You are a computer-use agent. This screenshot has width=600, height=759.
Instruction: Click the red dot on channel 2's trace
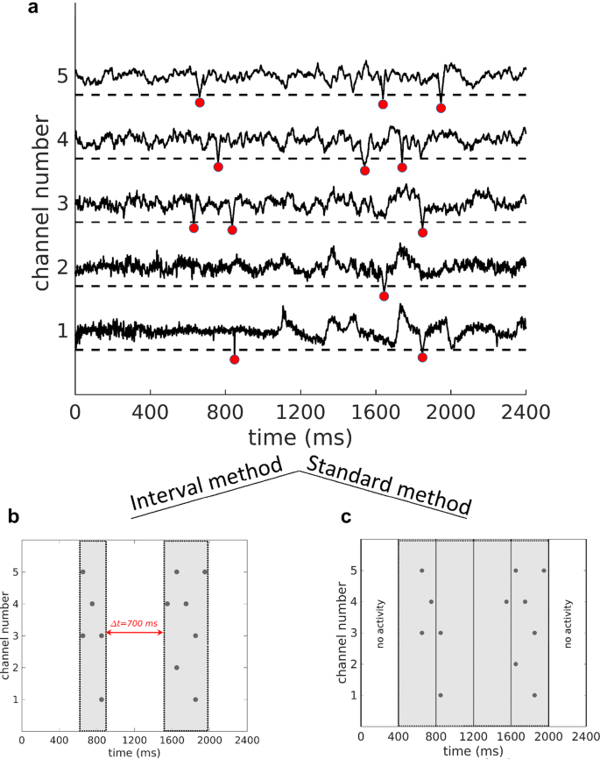384,296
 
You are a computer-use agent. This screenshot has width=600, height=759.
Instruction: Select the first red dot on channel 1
234,359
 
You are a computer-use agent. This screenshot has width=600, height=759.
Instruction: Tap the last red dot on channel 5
441,108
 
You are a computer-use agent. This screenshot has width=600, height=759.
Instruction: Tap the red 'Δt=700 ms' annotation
135,621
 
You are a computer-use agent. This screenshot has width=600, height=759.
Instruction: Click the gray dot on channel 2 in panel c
516,663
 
